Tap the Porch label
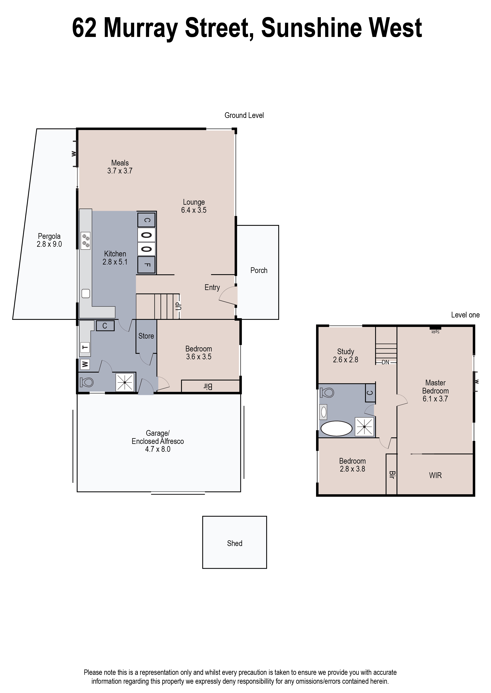pyautogui.click(x=259, y=270)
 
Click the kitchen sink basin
pyautogui.click(x=86, y=293)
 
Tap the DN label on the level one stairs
pyautogui.click(x=385, y=362)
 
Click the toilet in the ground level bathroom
pyautogui.click(x=87, y=382)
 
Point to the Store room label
pyautogui.click(x=146, y=336)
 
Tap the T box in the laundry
pyautogui.click(x=85, y=347)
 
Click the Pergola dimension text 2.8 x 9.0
pyautogui.click(x=49, y=244)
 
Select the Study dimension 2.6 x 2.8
pyautogui.click(x=345, y=360)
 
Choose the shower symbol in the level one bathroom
pyautogui.click(x=365, y=427)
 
